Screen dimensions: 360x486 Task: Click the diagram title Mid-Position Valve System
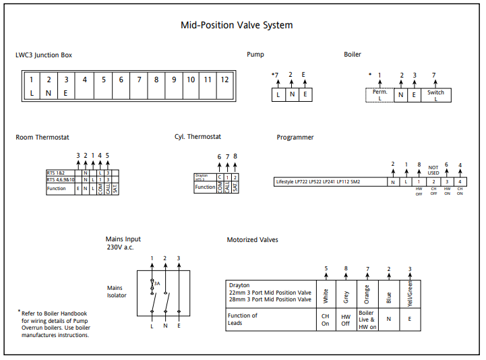237,26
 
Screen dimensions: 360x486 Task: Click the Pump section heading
255,55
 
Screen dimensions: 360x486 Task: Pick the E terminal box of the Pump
304,95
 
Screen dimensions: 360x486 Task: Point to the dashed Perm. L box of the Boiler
379,95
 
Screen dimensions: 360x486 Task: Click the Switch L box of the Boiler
435,95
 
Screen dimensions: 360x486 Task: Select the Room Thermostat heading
42,138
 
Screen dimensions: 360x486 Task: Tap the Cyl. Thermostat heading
198,137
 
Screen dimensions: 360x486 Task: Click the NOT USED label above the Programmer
433,170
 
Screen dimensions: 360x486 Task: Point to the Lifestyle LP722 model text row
317,181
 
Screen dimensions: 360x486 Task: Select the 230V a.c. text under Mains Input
121,247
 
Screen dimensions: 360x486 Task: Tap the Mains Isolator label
117,291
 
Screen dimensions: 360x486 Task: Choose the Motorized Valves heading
252,239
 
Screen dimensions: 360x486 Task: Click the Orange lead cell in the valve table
367,295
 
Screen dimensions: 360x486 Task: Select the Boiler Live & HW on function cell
367,320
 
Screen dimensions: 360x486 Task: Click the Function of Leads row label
243,320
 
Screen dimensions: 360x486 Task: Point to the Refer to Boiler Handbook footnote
54,324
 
